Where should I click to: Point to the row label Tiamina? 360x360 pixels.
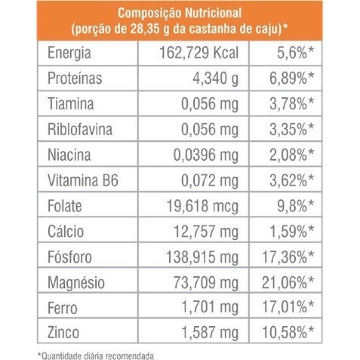(x=71, y=104)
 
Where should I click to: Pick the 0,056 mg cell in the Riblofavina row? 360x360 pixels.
(x=210, y=130)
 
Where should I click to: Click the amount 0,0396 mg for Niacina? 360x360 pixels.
(x=206, y=155)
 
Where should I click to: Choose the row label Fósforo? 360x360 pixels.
(x=70, y=257)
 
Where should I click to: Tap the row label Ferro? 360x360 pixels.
(x=62, y=309)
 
